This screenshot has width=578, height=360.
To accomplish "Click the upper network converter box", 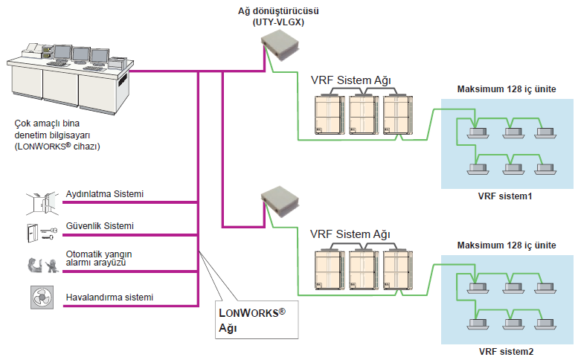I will [280, 48].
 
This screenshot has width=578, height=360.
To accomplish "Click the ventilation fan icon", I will [42, 297].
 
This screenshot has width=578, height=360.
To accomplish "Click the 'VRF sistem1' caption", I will [506, 196].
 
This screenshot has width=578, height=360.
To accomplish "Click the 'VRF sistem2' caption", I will [506, 351].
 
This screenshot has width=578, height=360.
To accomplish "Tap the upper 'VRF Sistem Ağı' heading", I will [350, 80].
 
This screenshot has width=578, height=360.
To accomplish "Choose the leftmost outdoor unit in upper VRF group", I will [329, 115].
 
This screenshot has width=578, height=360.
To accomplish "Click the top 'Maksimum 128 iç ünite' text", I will [506, 89].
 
